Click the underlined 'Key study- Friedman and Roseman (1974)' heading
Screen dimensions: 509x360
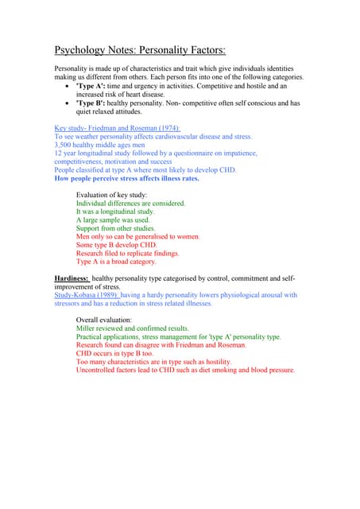(x=117, y=128)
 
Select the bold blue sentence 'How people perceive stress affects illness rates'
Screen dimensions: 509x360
(x=126, y=179)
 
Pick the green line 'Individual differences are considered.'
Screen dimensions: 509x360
(x=130, y=204)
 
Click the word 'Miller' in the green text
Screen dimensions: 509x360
(x=87, y=328)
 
